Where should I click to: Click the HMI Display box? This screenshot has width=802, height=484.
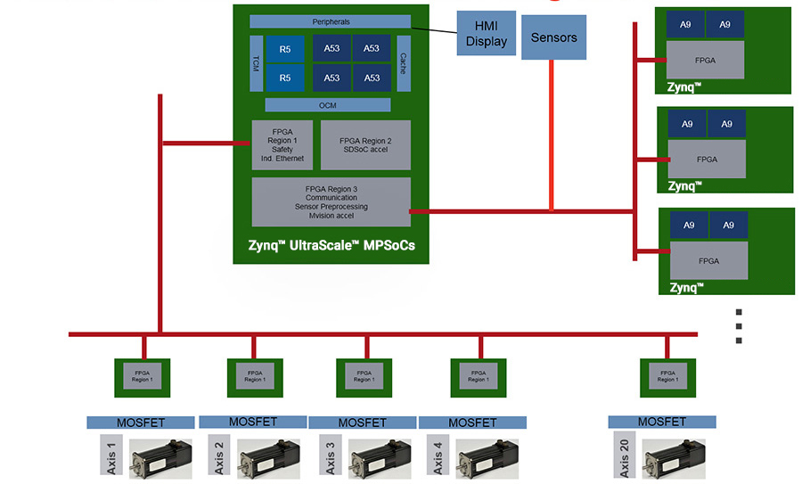click(486, 34)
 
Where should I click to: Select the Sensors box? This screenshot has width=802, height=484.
click(553, 37)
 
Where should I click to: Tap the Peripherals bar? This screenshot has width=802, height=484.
click(331, 21)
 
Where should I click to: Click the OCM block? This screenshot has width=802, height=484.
click(328, 105)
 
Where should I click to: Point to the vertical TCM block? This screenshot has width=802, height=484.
click(257, 63)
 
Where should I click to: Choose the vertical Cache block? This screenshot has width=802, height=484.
click(404, 63)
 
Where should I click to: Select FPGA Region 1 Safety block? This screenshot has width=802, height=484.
click(282, 145)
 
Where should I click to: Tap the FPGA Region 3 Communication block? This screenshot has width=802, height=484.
click(331, 201)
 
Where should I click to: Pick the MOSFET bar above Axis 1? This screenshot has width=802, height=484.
click(140, 422)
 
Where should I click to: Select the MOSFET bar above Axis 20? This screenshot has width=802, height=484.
click(661, 422)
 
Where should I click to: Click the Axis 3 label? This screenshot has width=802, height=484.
click(330, 457)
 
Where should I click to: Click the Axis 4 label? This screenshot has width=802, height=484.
click(438, 457)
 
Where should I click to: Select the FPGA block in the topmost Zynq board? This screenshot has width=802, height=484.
click(706, 60)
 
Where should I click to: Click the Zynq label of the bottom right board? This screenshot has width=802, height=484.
click(685, 287)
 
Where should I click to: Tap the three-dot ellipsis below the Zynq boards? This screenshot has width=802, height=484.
click(739, 326)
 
